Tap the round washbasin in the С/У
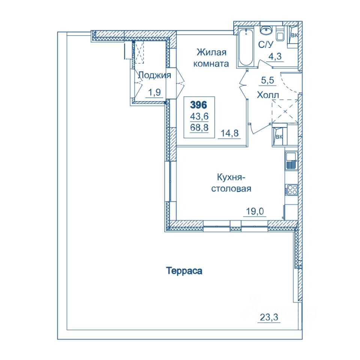tap(266, 30)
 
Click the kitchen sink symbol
tap(291, 160)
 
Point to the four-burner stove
tap(291, 190)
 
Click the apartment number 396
tap(199, 105)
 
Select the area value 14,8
tap(229, 133)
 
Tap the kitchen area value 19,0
tap(255, 211)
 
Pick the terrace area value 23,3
tap(269, 317)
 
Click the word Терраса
tap(184, 271)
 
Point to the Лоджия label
tap(155, 75)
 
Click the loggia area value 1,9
tap(154, 92)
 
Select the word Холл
tap(268, 95)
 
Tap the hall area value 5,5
tap(268, 80)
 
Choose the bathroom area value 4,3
tap(275, 56)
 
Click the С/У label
tap(266, 45)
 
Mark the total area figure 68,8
tap(199, 127)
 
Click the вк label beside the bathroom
tap(295, 35)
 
